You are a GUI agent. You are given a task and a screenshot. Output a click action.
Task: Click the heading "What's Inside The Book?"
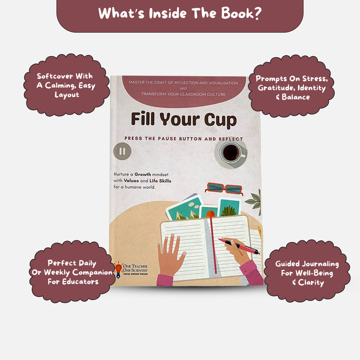[180, 13]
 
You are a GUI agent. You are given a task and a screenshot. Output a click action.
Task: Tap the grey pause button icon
[122, 151]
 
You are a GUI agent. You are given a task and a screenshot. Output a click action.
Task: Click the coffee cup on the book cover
[232, 153]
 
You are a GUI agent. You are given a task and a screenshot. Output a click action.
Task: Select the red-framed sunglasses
[224, 188]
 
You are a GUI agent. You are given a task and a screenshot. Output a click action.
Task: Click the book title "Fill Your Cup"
[183, 120]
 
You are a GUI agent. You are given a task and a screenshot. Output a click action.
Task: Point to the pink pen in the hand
[239, 246]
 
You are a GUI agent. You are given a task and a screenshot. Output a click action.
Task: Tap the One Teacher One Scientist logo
[131, 269]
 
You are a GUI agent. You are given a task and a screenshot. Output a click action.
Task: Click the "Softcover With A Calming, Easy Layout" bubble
[66, 85]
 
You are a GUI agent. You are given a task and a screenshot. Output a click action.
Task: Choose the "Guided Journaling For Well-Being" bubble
[307, 272]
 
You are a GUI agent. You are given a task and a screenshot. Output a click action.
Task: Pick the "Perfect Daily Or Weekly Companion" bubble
[72, 272]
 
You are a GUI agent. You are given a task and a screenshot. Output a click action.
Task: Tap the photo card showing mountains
[185, 208]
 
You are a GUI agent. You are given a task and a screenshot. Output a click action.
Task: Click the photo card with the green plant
[229, 207]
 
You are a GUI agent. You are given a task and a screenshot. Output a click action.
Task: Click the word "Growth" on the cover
[142, 174]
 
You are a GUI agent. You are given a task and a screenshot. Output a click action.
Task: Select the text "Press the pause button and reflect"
[183, 138]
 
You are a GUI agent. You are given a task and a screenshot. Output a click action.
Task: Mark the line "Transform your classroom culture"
[183, 94]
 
